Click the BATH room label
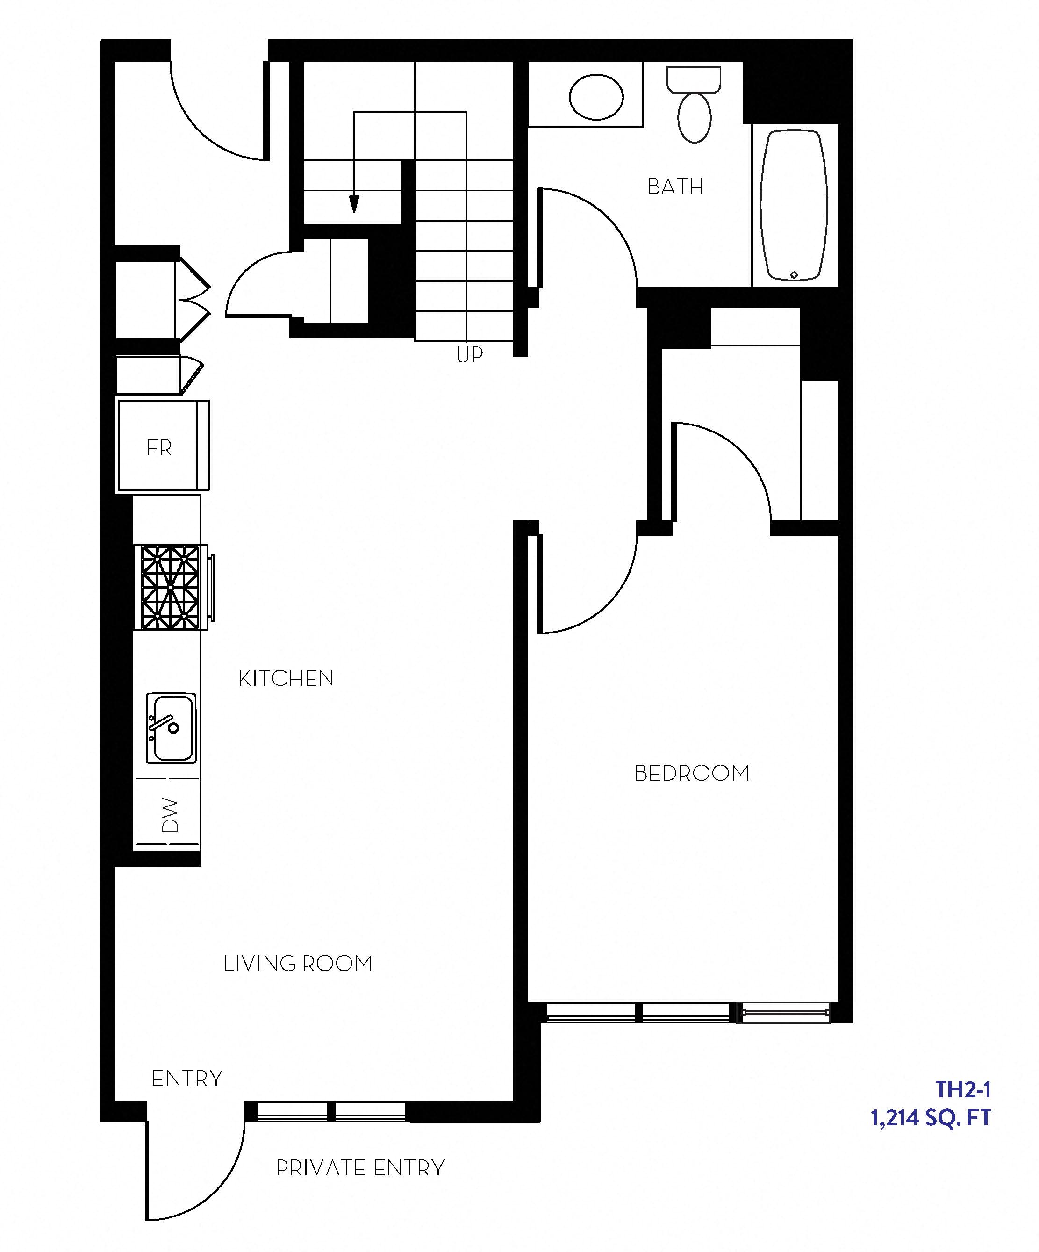tap(675, 187)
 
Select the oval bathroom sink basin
tap(596, 97)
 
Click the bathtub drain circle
tap(794, 275)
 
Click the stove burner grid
tap(171, 587)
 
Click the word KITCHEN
tap(286, 678)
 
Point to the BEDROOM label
tap(691, 773)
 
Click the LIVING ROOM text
tap(298, 964)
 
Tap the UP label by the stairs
tap(469, 355)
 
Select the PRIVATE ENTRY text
tap(360, 1167)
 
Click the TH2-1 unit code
tap(963, 1089)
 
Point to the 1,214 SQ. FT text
tap(931, 1118)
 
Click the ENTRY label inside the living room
tap(186, 1078)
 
